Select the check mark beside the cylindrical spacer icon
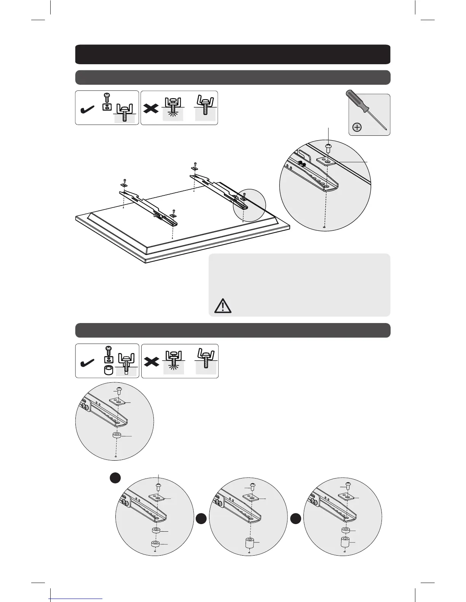click(x=89, y=363)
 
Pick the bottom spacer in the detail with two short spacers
click(x=155, y=545)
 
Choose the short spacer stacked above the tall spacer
click(x=345, y=530)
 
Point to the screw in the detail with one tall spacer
click(x=252, y=486)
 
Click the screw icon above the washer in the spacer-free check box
click(x=107, y=98)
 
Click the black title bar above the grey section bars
click(x=233, y=54)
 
